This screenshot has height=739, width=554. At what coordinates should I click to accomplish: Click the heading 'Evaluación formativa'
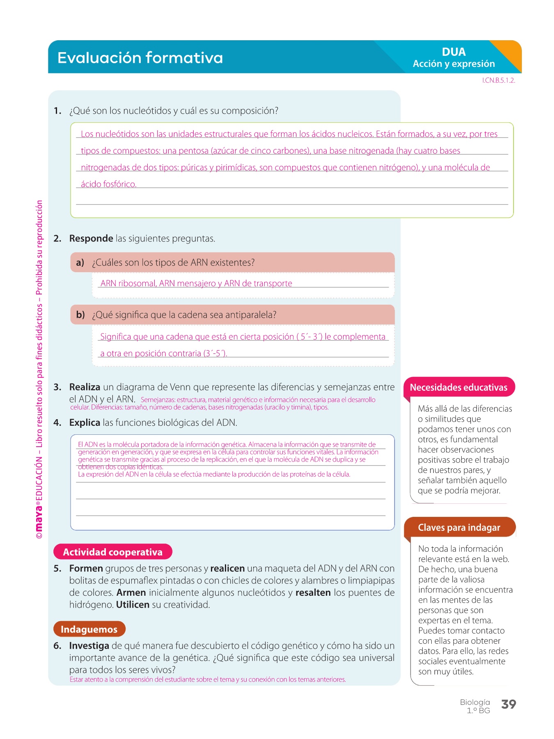click(x=140, y=57)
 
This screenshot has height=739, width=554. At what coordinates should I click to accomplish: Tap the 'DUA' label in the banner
click(x=453, y=52)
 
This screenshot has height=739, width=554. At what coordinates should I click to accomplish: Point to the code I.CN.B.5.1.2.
click(x=498, y=80)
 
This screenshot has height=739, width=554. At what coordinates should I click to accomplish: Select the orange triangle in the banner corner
click(x=509, y=53)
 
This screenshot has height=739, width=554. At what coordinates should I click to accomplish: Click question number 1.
click(x=57, y=111)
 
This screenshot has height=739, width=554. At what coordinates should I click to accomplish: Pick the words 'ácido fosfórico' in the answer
click(x=108, y=184)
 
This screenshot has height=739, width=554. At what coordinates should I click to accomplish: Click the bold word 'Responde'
click(x=91, y=239)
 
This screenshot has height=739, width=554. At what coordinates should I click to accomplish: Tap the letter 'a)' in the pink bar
click(x=80, y=263)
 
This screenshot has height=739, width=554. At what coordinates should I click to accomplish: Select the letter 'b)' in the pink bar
click(x=80, y=315)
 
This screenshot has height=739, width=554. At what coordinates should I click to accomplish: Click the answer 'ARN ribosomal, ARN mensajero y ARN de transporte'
click(x=196, y=283)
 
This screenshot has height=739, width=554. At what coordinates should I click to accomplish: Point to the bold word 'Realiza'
click(x=85, y=387)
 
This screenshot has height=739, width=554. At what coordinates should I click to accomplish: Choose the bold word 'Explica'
click(x=85, y=423)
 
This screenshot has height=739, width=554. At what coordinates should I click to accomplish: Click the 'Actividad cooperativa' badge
click(x=112, y=552)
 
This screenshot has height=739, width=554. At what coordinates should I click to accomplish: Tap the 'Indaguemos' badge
click(x=89, y=629)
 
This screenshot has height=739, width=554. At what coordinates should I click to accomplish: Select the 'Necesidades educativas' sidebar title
click(x=458, y=388)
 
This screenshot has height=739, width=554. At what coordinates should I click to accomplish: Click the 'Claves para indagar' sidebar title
click(x=459, y=528)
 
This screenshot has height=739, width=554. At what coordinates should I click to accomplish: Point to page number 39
click(x=508, y=705)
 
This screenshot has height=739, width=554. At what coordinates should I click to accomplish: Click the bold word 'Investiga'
click(x=89, y=646)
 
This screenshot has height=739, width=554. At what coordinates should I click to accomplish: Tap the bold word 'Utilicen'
click(x=133, y=605)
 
